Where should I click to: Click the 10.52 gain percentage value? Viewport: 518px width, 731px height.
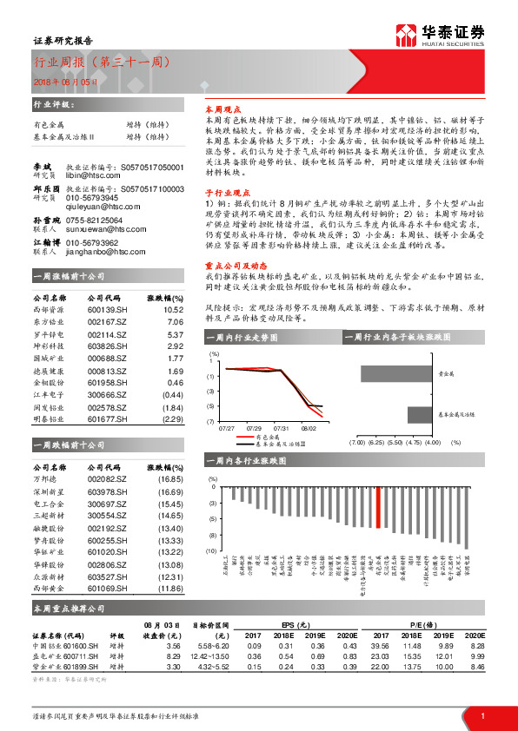(x=174, y=308)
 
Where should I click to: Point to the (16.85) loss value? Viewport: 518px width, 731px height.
(x=170, y=477)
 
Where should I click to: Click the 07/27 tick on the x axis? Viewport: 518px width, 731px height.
(x=227, y=428)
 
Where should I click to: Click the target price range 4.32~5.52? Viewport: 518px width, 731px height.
(x=214, y=668)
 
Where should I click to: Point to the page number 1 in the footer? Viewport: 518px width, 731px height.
(x=481, y=715)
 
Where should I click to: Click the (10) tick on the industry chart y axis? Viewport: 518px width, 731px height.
(x=211, y=550)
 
